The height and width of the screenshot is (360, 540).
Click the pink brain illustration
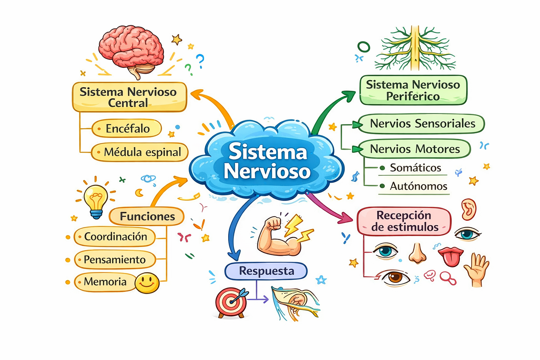pos(131,51)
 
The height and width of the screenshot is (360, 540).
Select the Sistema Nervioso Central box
pos(129,97)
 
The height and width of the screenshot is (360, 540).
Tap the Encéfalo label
pos(127,128)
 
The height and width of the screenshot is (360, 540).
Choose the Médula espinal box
pos(140,152)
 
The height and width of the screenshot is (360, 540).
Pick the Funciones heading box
pos(147,216)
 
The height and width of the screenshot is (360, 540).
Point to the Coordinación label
pos(115,237)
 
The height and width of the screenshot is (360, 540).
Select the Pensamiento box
pos(115,260)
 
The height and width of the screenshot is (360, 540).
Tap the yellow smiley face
pos(147,283)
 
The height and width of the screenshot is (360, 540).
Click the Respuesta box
pos(266,271)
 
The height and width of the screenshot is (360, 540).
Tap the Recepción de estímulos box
pos(404,221)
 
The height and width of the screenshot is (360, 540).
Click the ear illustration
pos(469,209)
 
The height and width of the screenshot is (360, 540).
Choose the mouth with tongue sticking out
pos(451,257)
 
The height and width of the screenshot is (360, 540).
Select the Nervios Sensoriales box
pos(422,124)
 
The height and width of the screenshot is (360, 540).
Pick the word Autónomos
pos(418,186)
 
